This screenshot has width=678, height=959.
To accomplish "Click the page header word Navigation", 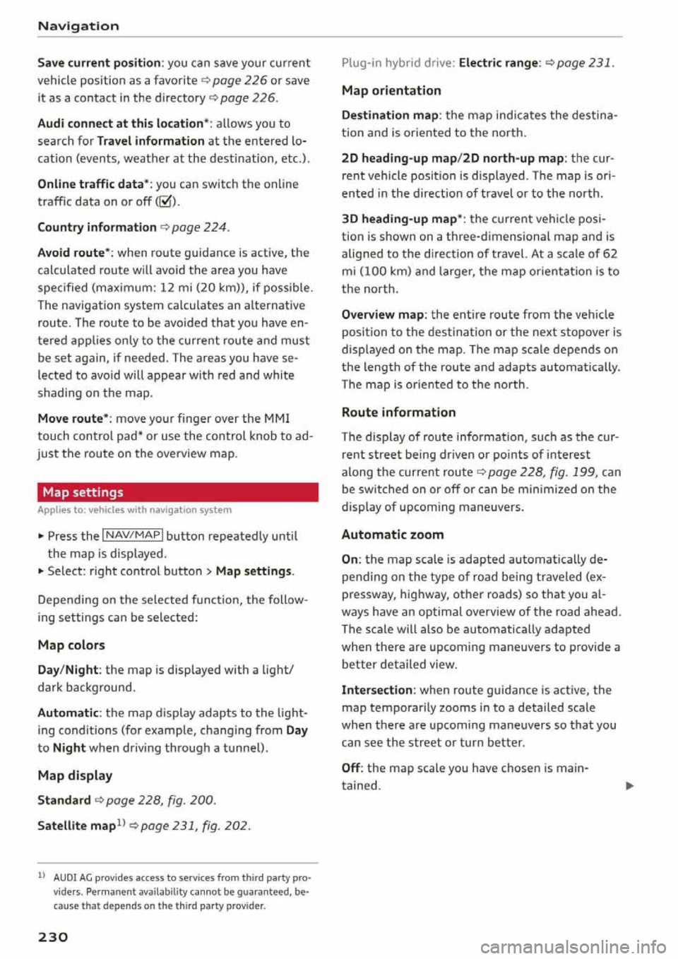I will point(78,26).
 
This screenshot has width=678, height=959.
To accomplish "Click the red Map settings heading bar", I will point(177,492).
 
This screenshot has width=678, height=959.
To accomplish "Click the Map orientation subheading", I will point(391,90).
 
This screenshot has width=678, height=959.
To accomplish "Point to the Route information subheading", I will point(398,412).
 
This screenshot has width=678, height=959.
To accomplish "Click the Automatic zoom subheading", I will point(393,535).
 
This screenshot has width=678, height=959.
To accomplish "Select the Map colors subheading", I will point(71,645).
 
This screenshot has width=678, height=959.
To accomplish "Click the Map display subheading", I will point(75,775).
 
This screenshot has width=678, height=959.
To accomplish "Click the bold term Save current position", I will point(100,63).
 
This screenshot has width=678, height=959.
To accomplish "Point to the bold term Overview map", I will point(383,315).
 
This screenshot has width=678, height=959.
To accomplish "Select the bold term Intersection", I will point(377,690).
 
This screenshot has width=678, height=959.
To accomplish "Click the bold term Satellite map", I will point(76,826).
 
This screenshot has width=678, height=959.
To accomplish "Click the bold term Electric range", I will point(499,63).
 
